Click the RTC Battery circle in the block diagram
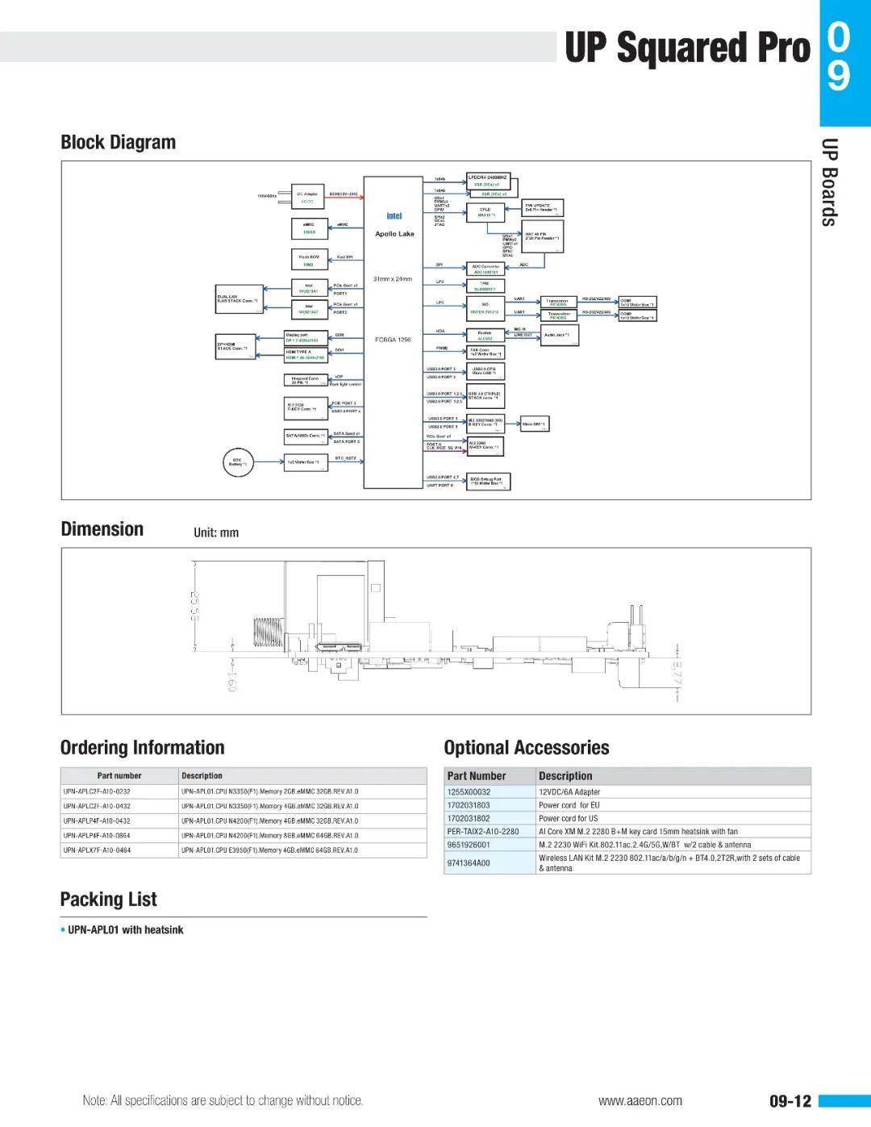(238, 463)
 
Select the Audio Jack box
(559, 335)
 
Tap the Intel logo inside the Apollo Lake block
(394, 216)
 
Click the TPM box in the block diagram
(486, 286)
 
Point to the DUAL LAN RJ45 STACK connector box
(240, 299)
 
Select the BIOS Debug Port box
(488, 482)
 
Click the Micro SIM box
(534, 424)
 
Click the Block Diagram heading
(119, 143)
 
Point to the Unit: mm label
(216, 532)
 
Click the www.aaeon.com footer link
(640, 1101)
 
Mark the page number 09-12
(790, 1101)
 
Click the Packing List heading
(109, 900)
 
